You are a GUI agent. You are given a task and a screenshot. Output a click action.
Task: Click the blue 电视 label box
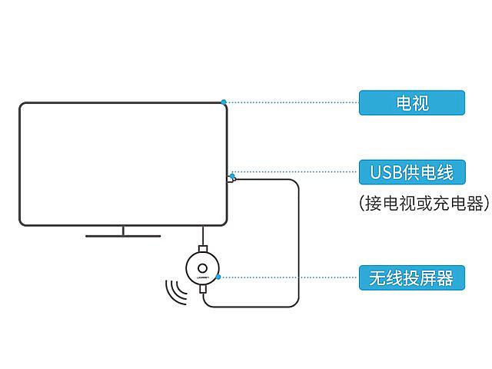412,102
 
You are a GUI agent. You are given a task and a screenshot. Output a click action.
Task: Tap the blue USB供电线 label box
412,172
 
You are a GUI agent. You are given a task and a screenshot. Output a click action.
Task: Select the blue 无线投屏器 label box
412,278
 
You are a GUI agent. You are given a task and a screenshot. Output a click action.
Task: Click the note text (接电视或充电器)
424,203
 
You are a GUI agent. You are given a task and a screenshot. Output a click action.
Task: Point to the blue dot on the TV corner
224,101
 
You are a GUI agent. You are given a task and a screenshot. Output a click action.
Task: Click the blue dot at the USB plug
232,176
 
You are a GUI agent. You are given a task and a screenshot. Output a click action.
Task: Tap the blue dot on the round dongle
218,277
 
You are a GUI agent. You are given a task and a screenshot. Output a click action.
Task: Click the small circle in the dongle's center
202,268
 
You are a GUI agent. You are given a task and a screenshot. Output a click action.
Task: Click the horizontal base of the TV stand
123,236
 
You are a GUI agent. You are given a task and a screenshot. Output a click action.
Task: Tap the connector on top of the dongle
203,248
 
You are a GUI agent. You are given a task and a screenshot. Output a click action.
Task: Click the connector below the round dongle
203,289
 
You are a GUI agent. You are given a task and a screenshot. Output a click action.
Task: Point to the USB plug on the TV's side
231,179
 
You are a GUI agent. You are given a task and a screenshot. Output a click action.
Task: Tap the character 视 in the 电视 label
421,103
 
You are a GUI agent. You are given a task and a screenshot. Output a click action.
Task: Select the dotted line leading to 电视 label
292,102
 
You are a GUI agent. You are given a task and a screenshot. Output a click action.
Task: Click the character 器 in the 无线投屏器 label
444,278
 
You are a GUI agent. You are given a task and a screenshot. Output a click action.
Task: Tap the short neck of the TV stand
123,231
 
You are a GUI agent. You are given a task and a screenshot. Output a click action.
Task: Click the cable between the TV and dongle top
203,236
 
